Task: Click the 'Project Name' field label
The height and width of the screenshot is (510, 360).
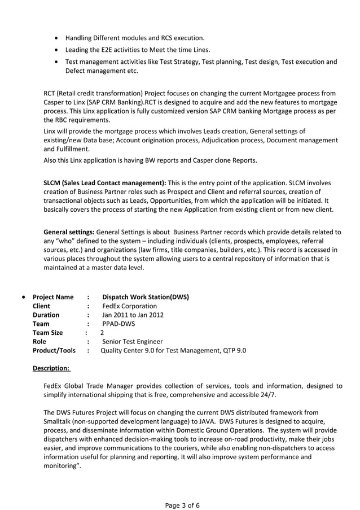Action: [53, 297]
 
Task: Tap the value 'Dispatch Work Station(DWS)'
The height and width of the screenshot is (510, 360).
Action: [146, 297]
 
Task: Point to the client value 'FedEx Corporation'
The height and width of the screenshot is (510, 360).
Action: [130, 306]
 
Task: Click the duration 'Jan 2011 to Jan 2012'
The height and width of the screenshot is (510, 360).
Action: [133, 315]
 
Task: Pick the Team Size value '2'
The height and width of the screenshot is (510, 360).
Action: [102, 333]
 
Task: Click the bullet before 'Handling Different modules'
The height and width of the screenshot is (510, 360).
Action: [57, 38]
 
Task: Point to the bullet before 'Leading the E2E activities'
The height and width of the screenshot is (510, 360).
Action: [57, 50]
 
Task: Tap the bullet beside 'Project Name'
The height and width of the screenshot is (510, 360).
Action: [23, 297]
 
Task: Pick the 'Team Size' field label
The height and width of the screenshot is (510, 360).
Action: [48, 333]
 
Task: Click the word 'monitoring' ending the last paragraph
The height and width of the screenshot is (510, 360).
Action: [61, 466]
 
